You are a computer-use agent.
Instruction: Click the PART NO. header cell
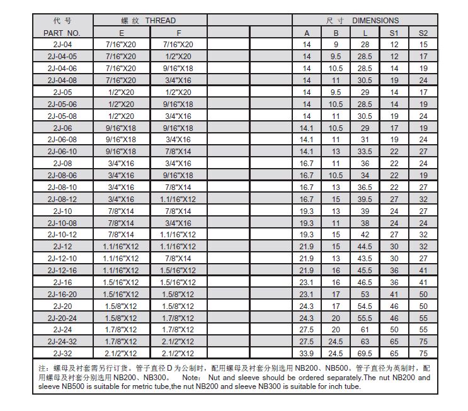62,32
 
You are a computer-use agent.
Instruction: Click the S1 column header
394,32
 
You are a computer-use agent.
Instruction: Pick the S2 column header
423,32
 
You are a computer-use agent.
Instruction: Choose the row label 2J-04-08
62,80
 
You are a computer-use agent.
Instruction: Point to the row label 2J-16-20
62,294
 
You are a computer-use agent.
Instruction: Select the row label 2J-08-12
62,199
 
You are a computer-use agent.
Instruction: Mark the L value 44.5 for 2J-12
365,246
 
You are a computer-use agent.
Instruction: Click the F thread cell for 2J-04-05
180,56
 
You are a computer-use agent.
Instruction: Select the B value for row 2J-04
336,44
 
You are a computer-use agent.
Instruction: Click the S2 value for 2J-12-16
423,270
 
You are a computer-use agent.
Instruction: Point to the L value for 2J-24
365,329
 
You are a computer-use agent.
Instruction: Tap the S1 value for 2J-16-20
394,294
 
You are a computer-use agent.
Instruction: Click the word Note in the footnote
190,378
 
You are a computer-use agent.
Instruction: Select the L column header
365,32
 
